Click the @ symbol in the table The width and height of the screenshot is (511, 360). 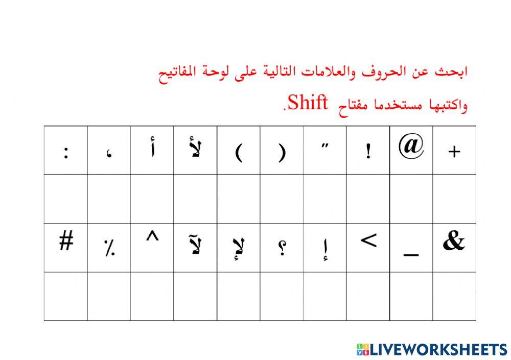click(411, 147)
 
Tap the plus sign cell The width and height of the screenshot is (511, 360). click(454, 151)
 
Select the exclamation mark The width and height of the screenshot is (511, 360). click(368, 152)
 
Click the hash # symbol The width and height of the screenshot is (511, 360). click(65, 242)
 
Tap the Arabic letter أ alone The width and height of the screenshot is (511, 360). click(152, 151)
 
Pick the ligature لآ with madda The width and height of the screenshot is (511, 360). click(195, 245)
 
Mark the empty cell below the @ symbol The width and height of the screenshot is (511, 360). click(411, 199)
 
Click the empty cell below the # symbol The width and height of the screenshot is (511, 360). click(65, 296)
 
